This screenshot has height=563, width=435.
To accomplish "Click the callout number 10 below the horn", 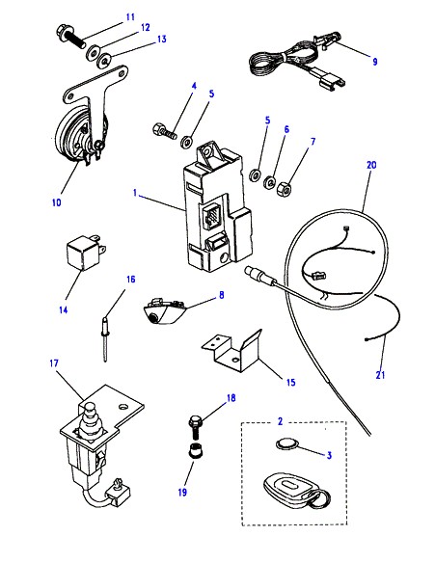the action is (x=56, y=202).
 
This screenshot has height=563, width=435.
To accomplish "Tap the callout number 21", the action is (x=380, y=375).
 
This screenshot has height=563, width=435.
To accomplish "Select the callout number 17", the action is (x=53, y=363).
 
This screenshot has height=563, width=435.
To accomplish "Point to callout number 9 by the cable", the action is (x=374, y=62).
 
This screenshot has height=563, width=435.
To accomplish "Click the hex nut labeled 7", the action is (x=284, y=189).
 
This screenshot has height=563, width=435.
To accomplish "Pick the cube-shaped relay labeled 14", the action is (x=85, y=253).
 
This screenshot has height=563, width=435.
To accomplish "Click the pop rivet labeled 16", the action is (x=105, y=339).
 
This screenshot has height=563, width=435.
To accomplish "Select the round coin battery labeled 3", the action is (x=287, y=444).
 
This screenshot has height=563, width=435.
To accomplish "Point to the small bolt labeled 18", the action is (x=194, y=427).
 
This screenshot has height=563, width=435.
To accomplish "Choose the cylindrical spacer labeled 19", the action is (x=195, y=450).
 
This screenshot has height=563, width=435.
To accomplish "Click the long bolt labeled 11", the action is (x=70, y=37).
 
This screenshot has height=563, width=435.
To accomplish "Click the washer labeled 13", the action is (x=104, y=61).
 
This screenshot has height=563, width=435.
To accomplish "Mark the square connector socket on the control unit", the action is (x=213, y=216).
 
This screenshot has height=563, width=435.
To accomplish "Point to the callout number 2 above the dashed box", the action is (x=280, y=421).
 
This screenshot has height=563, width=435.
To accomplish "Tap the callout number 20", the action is (x=371, y=165).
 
